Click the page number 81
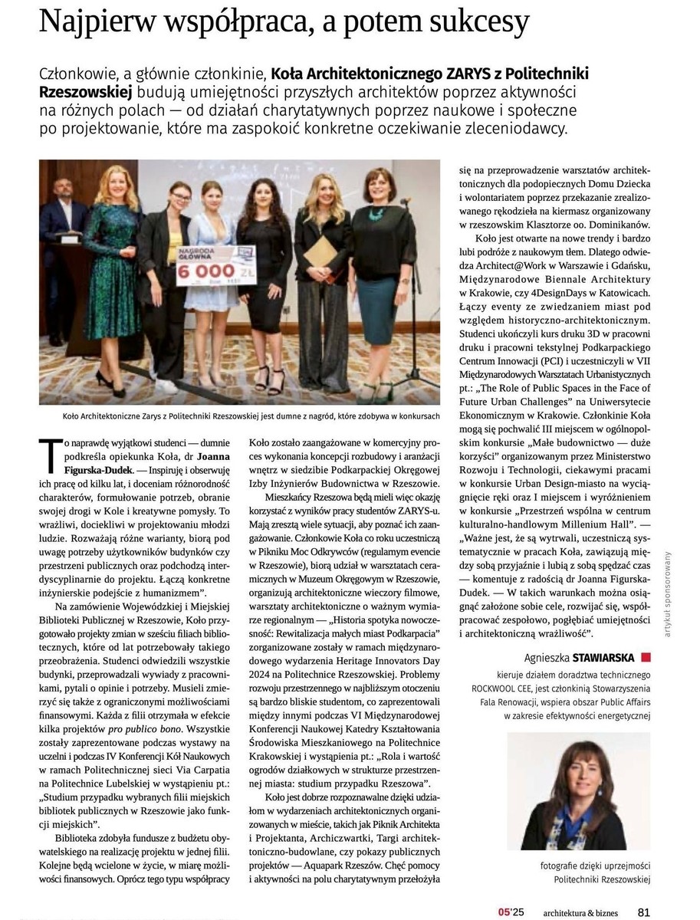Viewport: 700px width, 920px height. coord(644,912)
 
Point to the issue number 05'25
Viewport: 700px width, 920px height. coord(511,912)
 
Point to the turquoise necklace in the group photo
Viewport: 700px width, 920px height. coord(377,210)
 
